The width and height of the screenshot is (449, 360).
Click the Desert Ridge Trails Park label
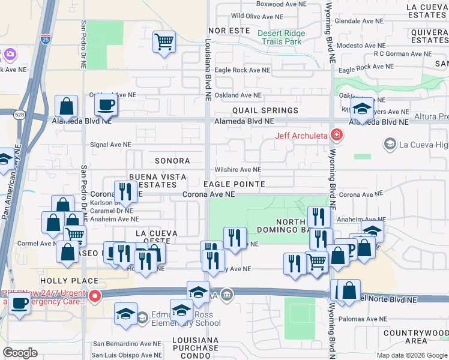click(x=279, y=37)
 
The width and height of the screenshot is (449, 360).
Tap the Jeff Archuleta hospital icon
click(x=337, y=135)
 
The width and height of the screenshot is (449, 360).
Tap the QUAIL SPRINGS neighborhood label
click(x=265, y=110)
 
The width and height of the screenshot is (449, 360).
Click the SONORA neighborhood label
click(x=172, y=161)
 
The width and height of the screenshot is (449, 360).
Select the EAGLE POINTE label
click(x=234, y=184)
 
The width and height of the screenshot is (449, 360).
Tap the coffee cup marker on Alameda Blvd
click(x=106, y=105)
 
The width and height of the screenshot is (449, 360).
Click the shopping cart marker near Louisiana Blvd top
click(x=164, y=41)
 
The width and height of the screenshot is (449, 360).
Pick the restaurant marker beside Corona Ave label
click(x=125, y=191)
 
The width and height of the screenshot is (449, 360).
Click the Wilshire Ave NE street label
click(x=239, y=170)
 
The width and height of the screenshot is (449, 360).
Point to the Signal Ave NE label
click(x=110, y=145)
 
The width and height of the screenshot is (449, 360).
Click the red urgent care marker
click(x=94, y=296)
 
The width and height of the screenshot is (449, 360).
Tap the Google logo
click(x=20, y=352)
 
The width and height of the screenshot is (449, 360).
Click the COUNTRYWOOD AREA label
click(x=414, y=336)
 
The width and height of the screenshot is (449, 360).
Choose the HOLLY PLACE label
click(x=69, y=280)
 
